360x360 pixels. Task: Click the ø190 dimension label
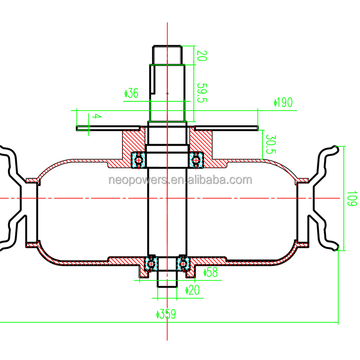click(x=283, y=102)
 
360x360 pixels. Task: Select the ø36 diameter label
click(x=132, y=93)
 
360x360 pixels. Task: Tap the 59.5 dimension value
click(x=202, y=93)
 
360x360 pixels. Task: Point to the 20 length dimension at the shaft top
click(x=202, y=56)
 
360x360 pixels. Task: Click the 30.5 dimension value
click(x=270, y=144)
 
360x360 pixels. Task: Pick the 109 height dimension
click(x=352, y=198)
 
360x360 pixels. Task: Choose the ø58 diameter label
click(x=211, y=272)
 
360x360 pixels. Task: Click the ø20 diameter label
click(x=192, y=290)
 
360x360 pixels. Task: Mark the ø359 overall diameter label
click(x=166, y=314)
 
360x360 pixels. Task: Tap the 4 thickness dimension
click(x=96, y=116)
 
